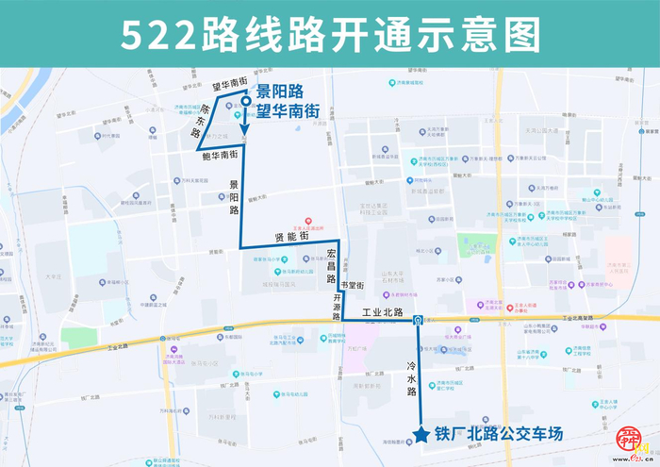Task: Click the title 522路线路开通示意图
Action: [330, 35]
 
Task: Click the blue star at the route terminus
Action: [420, 434]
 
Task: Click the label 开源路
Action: [336, 303]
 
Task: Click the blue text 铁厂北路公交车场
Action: [498, 435]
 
